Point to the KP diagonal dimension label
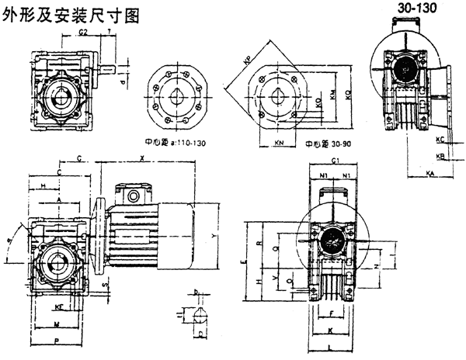pos(248,60)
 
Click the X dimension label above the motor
pos(141,158)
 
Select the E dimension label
pos(243,265)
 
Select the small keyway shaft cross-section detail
pos(200,315)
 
